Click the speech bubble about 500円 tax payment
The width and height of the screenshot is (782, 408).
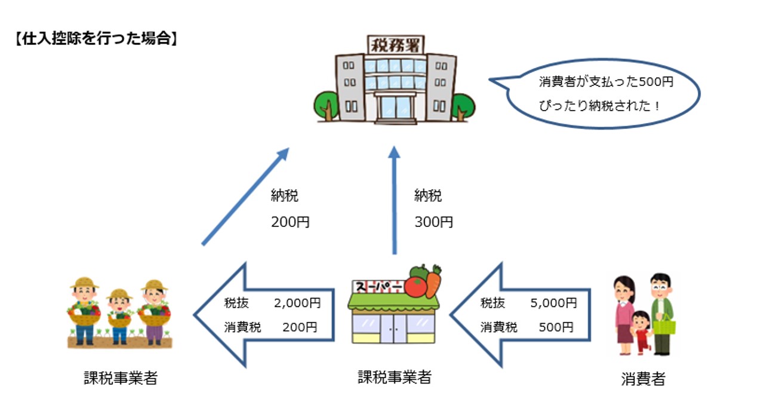[x=603, y=93]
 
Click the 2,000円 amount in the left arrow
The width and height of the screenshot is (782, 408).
[x=297, y=303]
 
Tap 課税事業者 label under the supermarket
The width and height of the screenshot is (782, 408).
[x=394, y=377]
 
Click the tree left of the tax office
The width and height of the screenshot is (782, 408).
[x=327, y=105]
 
